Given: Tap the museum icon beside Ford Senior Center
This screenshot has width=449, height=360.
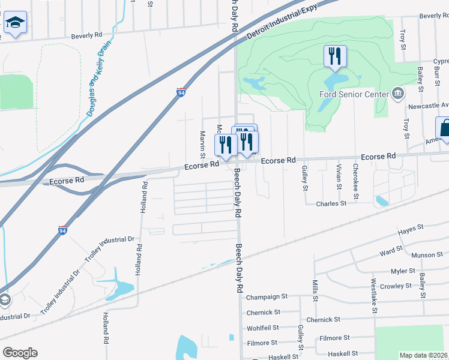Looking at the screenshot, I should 397,94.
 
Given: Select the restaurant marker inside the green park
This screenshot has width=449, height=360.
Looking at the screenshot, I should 335,57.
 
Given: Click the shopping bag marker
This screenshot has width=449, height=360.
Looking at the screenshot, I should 444,128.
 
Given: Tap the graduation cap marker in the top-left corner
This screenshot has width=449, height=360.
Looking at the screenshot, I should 14,23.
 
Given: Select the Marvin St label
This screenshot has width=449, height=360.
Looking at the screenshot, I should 203,145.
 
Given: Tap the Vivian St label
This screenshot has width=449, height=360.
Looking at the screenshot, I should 339,177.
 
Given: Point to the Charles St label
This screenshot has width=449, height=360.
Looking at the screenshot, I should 331,203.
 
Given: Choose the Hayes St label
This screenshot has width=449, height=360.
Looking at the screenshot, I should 411,229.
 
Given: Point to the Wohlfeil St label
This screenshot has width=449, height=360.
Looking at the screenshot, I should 263,328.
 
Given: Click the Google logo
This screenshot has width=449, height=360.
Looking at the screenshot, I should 20,353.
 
